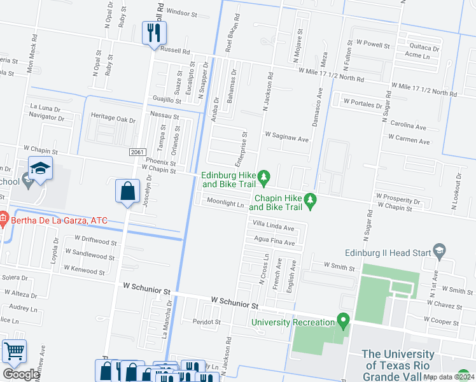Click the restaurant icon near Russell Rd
153,33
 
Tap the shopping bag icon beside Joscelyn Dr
128,191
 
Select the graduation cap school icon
40,169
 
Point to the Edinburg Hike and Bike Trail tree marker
266,176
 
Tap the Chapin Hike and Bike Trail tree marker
311,201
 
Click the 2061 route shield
136,152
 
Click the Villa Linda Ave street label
274,227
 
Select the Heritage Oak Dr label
113,119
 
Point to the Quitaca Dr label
424,47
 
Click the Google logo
20,374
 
